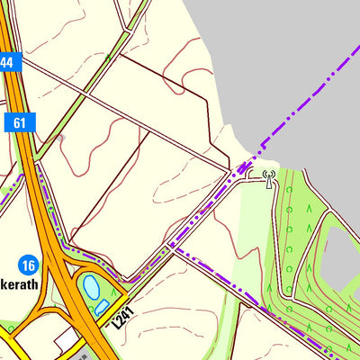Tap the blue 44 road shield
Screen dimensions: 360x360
click(x=7, y=62)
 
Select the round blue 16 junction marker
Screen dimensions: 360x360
click(x=28, y=265)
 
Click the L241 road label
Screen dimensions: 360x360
click(x=124, y=318)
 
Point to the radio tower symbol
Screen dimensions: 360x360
click(x=268, y=179)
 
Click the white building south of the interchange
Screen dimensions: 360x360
click(x=66, y=339)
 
